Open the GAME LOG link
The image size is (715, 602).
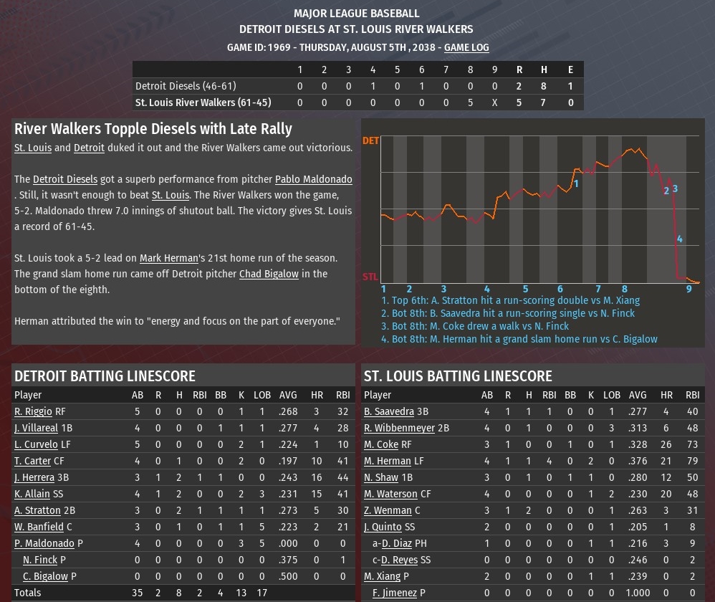pyautogui.click(x=466, y=47)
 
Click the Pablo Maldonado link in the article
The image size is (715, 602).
pyautogui.click(x=314, y=179)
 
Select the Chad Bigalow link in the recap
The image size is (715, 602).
pyautogui.click(x=269, y=274)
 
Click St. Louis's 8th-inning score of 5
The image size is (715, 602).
pyautogui.click(x=470, y=102)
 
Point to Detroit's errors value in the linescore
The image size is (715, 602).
pyautogui.click(x=570, y=85)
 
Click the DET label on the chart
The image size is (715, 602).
pyautogui.click(x=370, y=140)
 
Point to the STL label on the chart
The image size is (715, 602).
pyautogui.click(x=370, y=277)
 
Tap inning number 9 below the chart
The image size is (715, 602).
pyautogui.click(x=689, y=289)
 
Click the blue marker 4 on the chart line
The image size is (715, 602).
pyautogui.click(x=680, y=239)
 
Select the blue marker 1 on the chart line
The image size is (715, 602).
pyautogui.click(x=576, y=183)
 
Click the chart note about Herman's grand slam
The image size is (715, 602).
pyautogui.click(x=519, y=339)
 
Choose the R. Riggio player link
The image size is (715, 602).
pyautogui.click(x=33, y=411)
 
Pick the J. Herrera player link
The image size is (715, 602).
pyautogui.click(x=34, y=477)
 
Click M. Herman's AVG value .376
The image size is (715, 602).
pyautogui.click(x=638, y=461)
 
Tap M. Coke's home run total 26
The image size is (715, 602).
pyautogui.click(x=666, y=444)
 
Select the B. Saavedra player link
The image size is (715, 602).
pyautogui.click(x=389, y=411)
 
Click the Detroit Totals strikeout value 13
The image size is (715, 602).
pyautogui.click(x=241, y=593)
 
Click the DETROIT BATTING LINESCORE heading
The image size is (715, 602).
pyautogui.click(x=105, y=376)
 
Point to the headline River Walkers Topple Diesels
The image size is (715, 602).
pyautogui.click(x=153, y=129)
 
